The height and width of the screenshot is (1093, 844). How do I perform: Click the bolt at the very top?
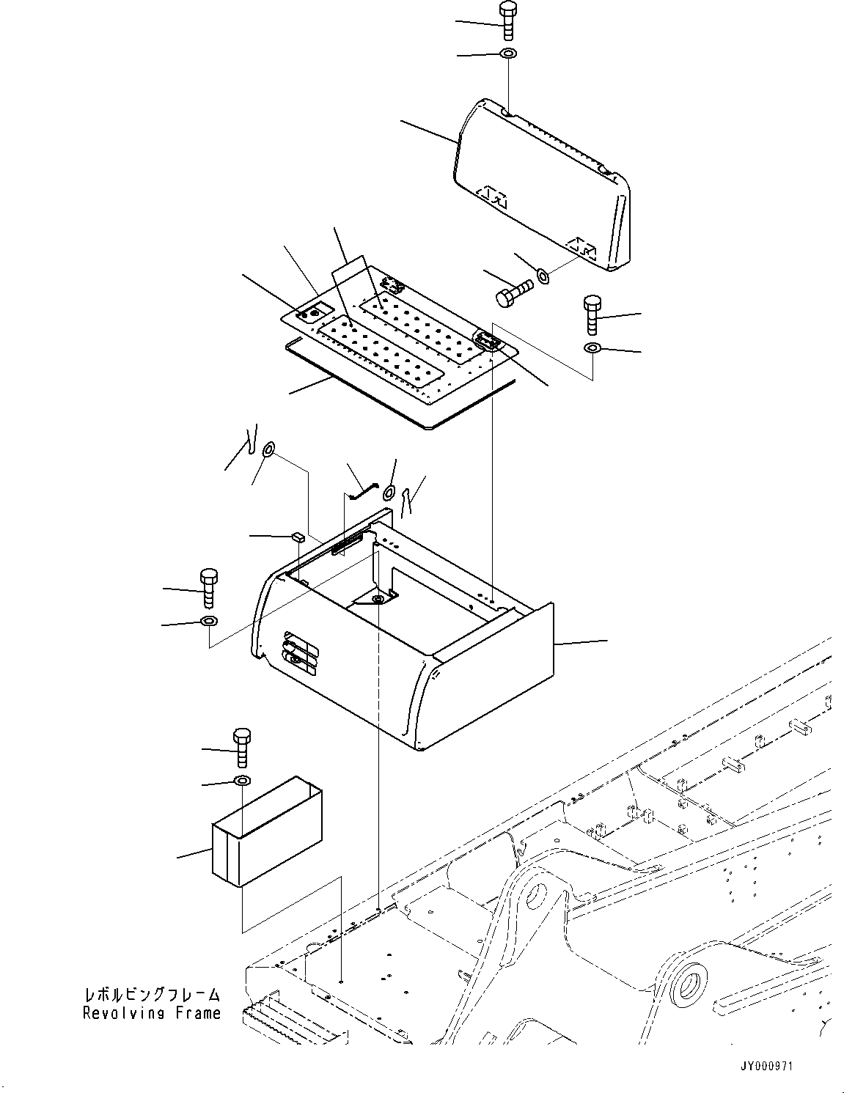point(507,21)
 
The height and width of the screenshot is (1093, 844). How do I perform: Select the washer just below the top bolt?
point(508,53)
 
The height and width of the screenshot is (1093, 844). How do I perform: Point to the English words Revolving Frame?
point(152,1013)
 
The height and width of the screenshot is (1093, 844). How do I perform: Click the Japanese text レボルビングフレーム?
point(152,994)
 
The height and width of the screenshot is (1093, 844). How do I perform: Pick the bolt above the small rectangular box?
point(242,748)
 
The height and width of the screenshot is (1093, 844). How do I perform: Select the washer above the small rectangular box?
point(243,781)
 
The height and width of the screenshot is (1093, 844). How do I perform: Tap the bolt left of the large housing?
point(209,588)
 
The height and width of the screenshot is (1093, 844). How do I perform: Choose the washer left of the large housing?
point(209,621)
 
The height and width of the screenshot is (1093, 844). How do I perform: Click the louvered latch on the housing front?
point(301,653)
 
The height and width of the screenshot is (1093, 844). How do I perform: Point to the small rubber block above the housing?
point(298,537)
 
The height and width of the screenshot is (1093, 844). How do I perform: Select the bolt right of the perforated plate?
point(592,315)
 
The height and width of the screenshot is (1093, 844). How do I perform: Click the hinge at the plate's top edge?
point(393,284)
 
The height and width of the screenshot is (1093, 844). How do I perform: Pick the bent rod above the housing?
point(363,491)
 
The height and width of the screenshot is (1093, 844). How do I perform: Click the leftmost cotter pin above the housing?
point(252,438)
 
